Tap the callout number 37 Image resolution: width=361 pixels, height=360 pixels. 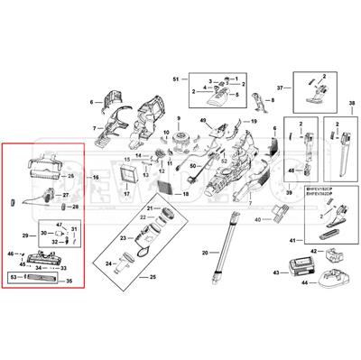pos(280,88)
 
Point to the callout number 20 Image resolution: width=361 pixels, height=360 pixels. pos(204,252)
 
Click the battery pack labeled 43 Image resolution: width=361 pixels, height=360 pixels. pos(298,270)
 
